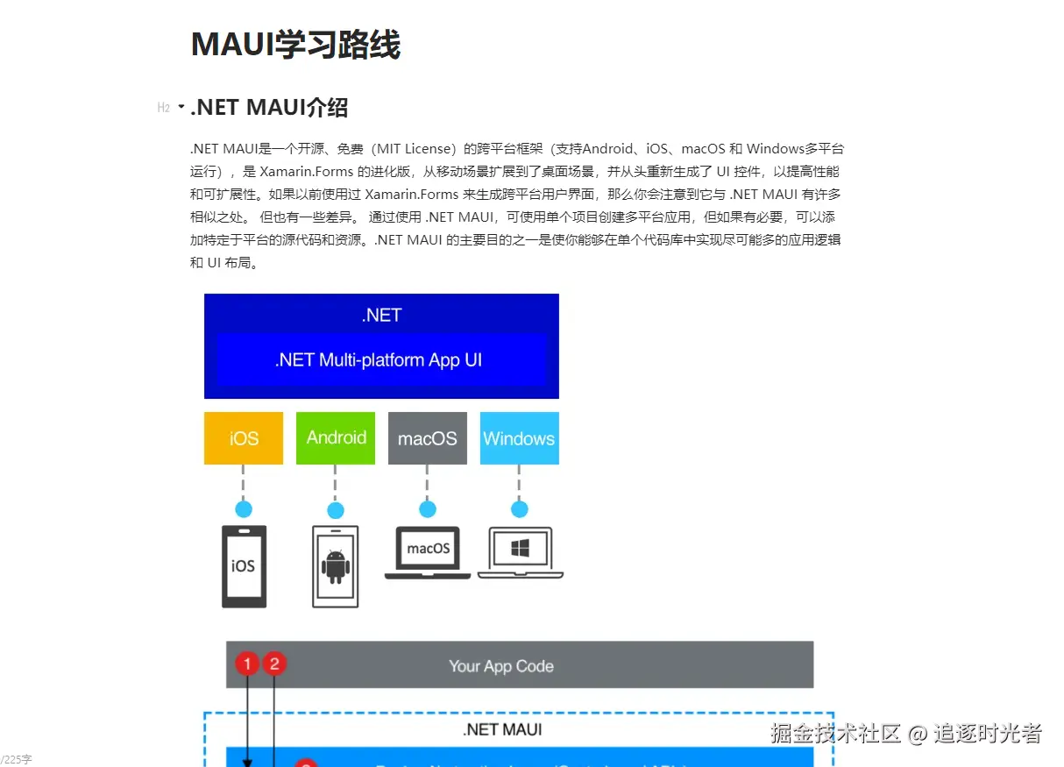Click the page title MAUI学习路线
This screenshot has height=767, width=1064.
point(295,44)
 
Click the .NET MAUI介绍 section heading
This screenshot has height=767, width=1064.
point(269,107)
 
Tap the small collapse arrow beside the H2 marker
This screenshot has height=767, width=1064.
point(181,107)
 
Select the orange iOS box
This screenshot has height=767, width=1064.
point(244,438)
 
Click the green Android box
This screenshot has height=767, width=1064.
point(336,438)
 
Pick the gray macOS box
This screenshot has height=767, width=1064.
point(427,438)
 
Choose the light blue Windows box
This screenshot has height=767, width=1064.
point(519,438)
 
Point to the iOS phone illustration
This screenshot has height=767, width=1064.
point(244,565)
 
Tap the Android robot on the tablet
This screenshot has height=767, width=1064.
point(335,566)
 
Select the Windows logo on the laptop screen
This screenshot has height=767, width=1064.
point(521,550)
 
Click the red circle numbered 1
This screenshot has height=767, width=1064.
point(247,664)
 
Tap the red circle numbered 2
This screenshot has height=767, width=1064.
point(274,664)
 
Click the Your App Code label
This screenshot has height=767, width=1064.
point(501,666)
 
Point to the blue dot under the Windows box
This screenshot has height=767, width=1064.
point(519,509)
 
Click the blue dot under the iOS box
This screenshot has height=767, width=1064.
point(244,509)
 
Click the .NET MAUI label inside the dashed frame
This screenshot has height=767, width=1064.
point(502,729)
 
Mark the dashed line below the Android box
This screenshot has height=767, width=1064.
point(335,482)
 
